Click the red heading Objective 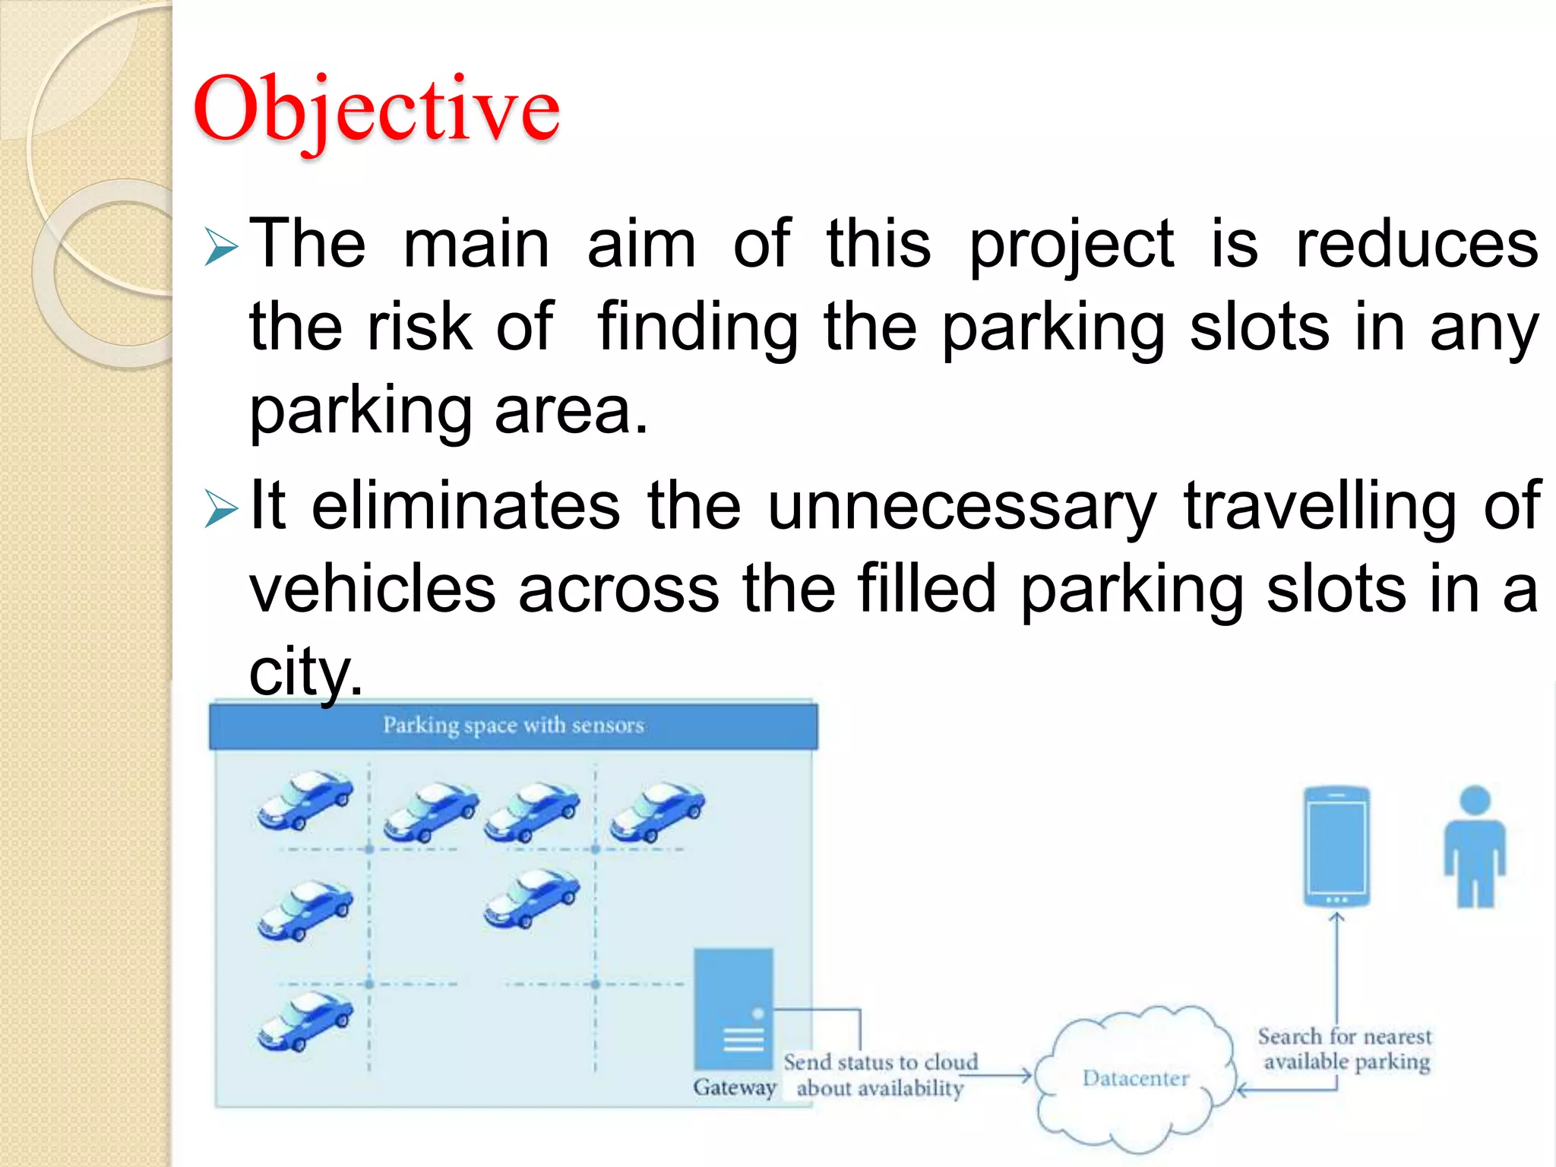[x=376, y=109]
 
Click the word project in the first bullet [x=1071, y=245]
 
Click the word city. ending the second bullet [x=305, y=672]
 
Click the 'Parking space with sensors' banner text [x=513, y=726]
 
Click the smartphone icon [x=1336, y=846]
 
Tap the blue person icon [x=1475, y=846]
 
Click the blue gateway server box [x=733, y=1008]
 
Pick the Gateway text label [x=734, y=1087]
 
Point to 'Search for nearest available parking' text [x=1345, y=1048]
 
